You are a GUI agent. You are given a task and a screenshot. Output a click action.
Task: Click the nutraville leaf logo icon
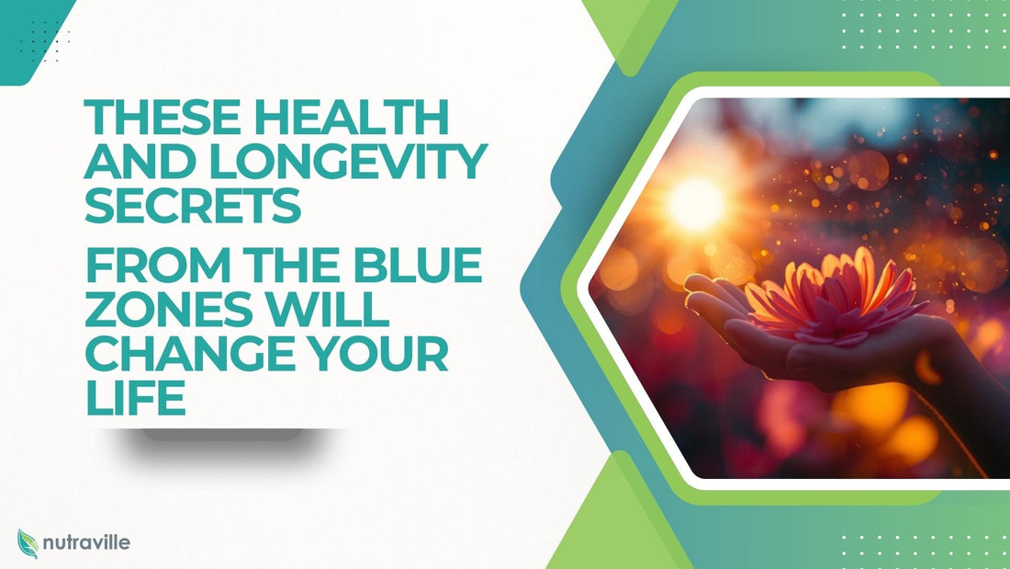pyautogui.click(x=28, y=543)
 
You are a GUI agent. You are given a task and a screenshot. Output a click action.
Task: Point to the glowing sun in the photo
pyautogui.click(x=694, y=204)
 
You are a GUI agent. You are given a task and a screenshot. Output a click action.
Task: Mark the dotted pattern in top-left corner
pyautogui.click(x=46, y=41)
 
